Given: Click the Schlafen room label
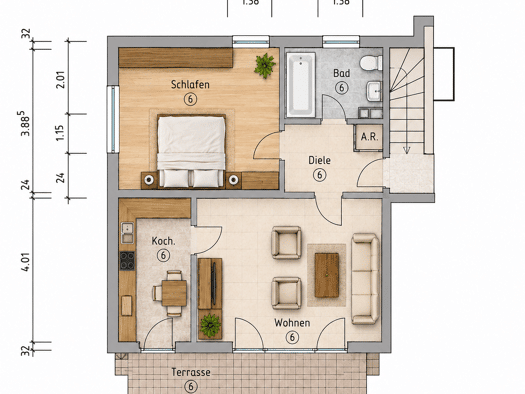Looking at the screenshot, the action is (190, 84).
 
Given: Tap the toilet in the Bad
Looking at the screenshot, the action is (371, 63).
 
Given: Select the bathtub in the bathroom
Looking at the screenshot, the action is (301, 85).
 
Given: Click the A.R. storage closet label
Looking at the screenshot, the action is (370, 137).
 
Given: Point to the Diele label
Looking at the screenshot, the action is (319, 160).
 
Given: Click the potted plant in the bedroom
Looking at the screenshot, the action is (265, 65).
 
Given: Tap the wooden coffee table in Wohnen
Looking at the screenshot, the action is (327, 275).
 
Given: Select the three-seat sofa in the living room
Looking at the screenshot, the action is (365, 279).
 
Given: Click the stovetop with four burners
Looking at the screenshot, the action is (127, 260).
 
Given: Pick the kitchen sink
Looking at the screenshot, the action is (127, 233).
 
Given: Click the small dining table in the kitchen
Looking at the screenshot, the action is (174, 293).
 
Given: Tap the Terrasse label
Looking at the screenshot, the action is (191, 372).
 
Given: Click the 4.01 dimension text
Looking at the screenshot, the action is (26, 262).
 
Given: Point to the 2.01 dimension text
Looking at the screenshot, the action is (61, 79).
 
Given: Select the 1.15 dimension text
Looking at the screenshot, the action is (60, 133).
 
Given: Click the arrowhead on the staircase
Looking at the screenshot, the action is (406, 150).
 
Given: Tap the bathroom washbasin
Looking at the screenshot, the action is (374, 91).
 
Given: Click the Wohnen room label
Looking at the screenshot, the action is (292, 323).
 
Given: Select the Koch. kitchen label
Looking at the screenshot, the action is (163, 241).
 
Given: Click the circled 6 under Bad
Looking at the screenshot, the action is (342, 88).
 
